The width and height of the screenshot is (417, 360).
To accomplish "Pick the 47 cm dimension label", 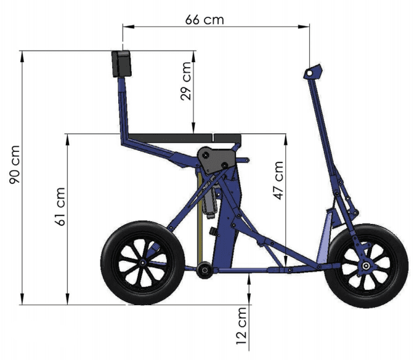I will tap(278, 180).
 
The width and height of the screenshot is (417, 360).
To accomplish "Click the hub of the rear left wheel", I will tap(142, 262).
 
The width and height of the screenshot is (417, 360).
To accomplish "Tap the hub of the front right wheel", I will tap(366, 266).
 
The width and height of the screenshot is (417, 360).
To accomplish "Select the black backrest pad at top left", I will tap(121, 63).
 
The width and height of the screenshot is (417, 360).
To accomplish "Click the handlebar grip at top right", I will tap(313, 72).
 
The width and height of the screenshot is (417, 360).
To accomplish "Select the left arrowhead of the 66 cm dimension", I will tap(126, 26).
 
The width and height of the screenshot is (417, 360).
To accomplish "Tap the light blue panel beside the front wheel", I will tap(323, 237).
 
